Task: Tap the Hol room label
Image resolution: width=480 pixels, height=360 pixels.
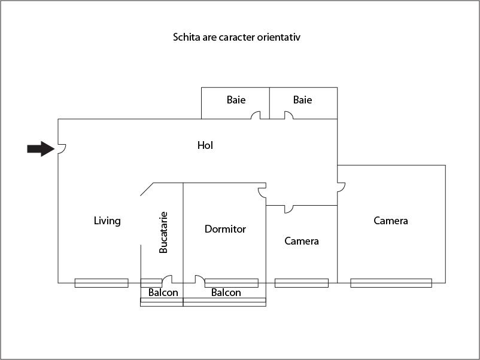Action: coord(205,145)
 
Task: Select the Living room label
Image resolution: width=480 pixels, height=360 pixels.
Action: coord(107,221)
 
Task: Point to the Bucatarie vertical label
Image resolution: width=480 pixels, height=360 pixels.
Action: coord(163,232)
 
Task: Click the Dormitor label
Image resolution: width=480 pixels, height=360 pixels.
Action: coord(225,229)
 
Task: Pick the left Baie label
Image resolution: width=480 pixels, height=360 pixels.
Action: coord(236,100)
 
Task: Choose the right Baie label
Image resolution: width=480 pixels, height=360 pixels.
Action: coord(302,100)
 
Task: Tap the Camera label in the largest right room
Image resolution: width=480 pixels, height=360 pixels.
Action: coord(391,221)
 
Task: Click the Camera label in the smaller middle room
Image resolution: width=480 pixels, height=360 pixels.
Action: coord(302,241)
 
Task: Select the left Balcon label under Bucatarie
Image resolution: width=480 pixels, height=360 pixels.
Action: coord(163,292)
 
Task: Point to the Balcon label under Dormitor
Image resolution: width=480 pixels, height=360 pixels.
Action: coord(226,292)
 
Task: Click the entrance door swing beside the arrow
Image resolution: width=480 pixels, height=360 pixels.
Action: coord(62,149)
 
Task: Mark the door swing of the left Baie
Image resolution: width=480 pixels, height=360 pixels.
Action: coord(256,115)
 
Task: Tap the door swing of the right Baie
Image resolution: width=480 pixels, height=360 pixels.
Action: coord(288,115)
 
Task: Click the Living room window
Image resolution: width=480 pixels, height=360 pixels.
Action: coord(101,283)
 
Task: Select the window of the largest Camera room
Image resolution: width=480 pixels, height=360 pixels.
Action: coord(391,283)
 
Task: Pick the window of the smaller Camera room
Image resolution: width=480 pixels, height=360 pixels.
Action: coord(301,283)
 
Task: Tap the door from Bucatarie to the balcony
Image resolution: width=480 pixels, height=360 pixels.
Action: coord(167,279)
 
